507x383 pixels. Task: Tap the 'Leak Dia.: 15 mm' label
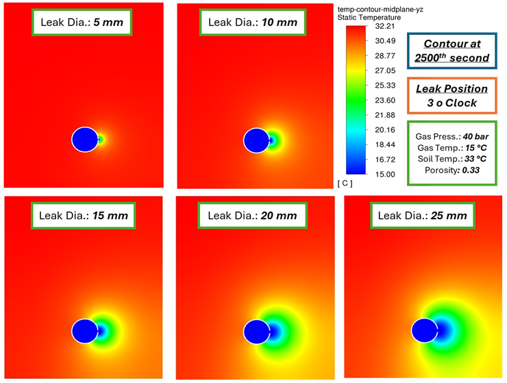84,215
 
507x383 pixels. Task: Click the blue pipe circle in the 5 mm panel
84,139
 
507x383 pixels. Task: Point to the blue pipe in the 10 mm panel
256,140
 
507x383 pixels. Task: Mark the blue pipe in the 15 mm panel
84,331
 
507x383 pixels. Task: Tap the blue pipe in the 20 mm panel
256,331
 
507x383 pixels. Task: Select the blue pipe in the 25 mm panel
425,331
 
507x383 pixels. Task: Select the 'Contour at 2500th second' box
452,51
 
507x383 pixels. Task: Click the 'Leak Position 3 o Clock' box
452,95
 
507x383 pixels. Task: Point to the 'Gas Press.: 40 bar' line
452,136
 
